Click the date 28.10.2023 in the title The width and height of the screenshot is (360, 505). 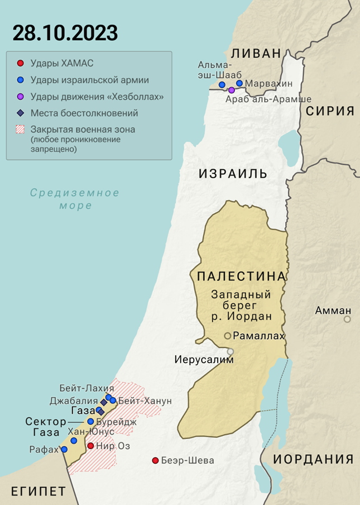click(x=65, y=33)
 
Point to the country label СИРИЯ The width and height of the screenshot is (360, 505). click(x=330, y=111)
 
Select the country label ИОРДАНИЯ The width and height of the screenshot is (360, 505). click(x=313, y=459)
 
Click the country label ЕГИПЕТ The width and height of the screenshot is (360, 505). click(x=39, y=492)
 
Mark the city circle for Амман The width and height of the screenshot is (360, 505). click(x=347, y=320)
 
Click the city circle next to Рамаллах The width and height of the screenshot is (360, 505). click(x=228, y=336)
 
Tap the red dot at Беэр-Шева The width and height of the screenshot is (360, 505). click(x=155, y=461)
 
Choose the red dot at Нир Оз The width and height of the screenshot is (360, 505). click(x=90, y=446)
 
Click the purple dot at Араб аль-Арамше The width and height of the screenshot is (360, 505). click(x=232, y=90)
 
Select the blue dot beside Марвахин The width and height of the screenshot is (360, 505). click(x=239, y=83)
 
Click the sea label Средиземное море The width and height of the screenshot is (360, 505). click(x=75, y=199)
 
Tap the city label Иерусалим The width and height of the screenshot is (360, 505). click(x=203, y=359)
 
